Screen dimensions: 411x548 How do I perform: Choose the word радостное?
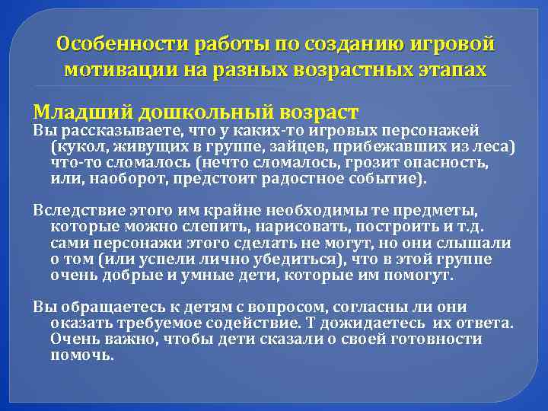[311, 180]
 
